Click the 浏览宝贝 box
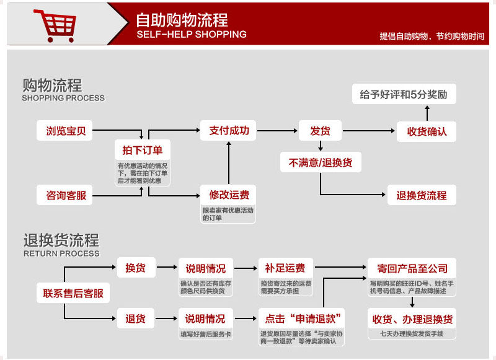point(66,131)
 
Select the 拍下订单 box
point(143,150)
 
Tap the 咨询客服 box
point(66,196)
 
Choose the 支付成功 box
point(229,131)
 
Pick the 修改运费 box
point(229,195)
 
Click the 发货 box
point(320,131)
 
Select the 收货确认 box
point(427,131)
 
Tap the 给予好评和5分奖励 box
point(404,95)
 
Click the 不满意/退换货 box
point(320,163)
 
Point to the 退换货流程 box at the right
point(422,195)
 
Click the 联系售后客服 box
point(73,293)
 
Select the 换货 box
point(135,268)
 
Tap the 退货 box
point(135,319)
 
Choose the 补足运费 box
point(285,268)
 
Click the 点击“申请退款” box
point(301,319)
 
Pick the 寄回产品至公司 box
point(412,268)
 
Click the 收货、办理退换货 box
point(412,319)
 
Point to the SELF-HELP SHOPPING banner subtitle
point(191,35)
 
